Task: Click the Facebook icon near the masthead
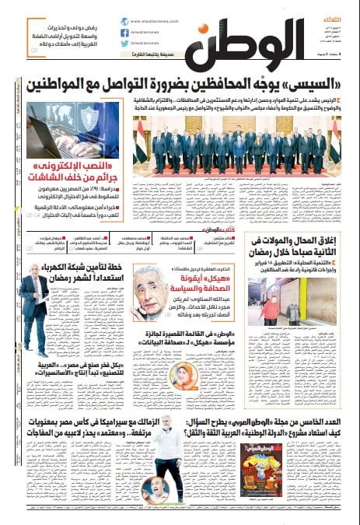click(124, 33)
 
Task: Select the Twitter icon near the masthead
click(124, 45)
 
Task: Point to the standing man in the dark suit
click(34, 308)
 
